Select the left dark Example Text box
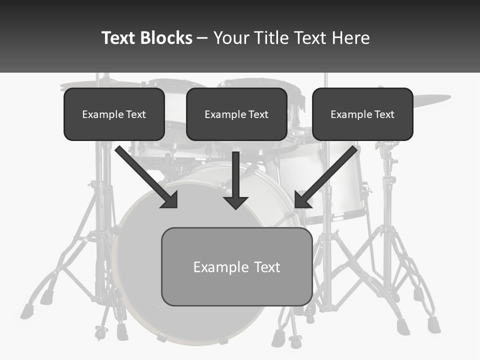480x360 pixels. pyautogui.click(x=114, y=114)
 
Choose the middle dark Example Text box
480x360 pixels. pyautogui.click(x=236, y=114)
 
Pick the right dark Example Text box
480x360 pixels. pyautogui.click(x=362, y=114)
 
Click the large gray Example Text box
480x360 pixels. pyautogui.click(x=236, y=266)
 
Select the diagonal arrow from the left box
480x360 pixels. pyautogui.click(x=145, y=175)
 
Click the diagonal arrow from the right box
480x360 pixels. pyautogui.click(x=327, y=175)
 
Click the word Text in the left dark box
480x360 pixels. pyautogui.click(x=135, y=114)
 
